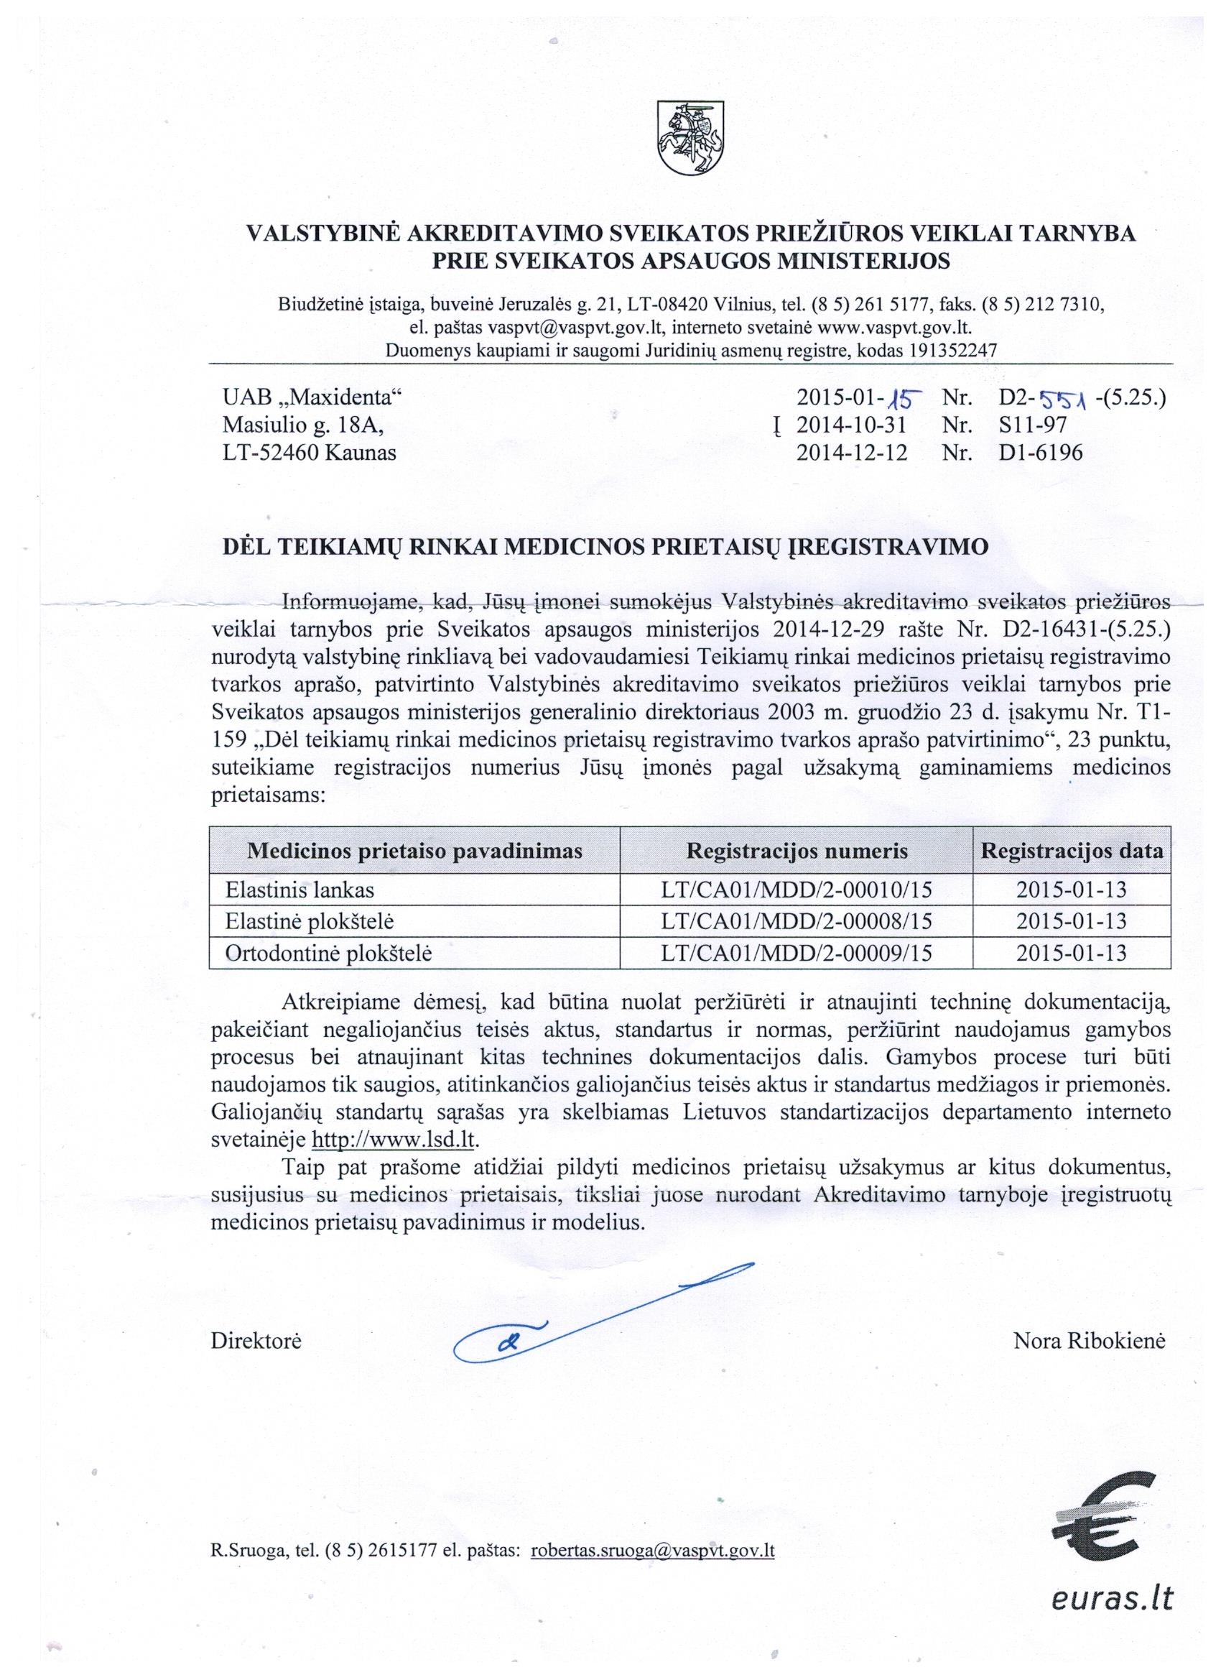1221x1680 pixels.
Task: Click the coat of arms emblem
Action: [690, 138]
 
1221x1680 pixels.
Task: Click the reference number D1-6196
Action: [1040, 452]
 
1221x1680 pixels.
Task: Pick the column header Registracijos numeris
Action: [797, 850]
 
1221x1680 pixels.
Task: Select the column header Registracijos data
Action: [1072, 850]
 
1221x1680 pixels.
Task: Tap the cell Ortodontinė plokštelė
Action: [320, 954]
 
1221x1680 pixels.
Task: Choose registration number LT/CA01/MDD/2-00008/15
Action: [797, 921]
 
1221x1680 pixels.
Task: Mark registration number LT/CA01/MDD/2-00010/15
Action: [797, 890]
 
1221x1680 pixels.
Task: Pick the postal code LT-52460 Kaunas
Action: [310, 452]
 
